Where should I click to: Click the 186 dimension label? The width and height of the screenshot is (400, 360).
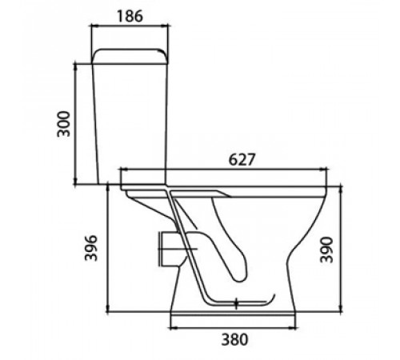[130, 16]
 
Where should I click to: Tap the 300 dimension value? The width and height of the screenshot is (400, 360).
[63, 124]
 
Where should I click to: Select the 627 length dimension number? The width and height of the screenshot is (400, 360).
[242, 159]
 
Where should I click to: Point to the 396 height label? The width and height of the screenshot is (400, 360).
[91, 248]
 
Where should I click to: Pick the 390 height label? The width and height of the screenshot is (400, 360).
[326, 250]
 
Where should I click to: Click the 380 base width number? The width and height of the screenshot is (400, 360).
[234, 340]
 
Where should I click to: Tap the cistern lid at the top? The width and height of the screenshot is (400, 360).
[130, 56]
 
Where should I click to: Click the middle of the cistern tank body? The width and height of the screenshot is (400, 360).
[130, 124]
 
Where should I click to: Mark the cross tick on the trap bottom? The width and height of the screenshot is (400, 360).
[236, 304]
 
